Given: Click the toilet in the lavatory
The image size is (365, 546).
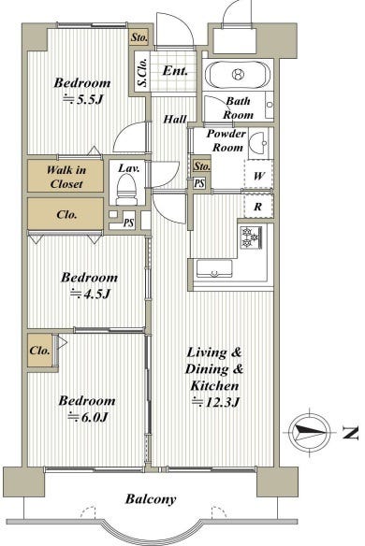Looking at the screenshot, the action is (126, 190).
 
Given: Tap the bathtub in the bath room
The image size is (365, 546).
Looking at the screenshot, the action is (238, 74).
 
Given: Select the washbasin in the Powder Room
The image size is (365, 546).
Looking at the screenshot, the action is (258, 143).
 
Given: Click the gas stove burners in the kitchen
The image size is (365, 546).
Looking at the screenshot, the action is (251, 237).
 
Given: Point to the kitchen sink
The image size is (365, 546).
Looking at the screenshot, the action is (214, 269).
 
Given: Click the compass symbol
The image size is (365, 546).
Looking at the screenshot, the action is (310, 432).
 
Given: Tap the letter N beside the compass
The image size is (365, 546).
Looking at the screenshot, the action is (351, 433).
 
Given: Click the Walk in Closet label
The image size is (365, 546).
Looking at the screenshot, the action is (66, 177).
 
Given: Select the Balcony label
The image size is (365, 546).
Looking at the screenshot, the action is (151, 499).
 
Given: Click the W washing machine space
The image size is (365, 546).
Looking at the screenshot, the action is (258, 176).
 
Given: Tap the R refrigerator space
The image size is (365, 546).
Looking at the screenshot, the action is (258, 207).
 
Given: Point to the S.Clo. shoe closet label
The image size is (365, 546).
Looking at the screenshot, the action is (142, 72).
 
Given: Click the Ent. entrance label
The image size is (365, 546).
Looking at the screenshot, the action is (175, 71).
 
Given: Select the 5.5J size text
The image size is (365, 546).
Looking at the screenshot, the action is (83, 100).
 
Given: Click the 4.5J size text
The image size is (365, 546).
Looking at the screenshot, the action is (91, 295).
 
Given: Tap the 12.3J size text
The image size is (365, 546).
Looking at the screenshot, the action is (216, 402).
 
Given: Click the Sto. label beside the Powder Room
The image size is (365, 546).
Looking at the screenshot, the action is (202, 166).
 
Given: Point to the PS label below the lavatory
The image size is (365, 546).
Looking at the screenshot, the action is (128, 223).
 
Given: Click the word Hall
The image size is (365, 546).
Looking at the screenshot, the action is (175, 120).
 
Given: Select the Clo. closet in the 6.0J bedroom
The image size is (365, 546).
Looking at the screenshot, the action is (40, 351).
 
